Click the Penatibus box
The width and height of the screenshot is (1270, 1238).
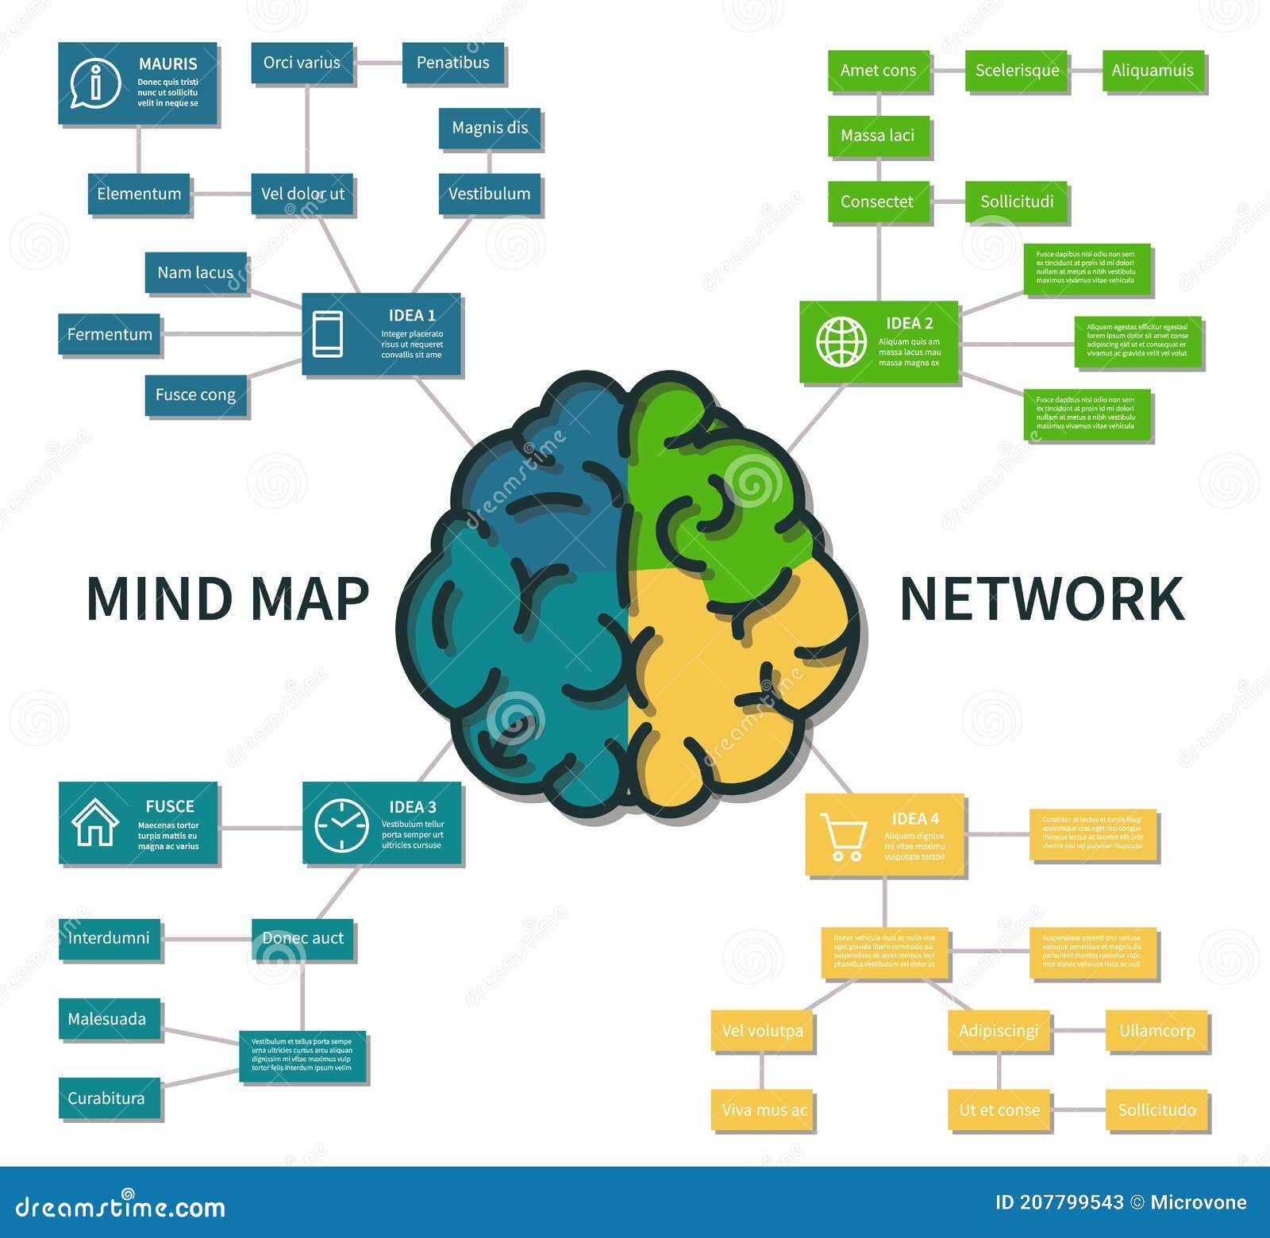pos(452,63)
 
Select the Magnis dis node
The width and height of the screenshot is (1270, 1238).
pos(489,128)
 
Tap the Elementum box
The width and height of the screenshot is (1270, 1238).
pos(139,194)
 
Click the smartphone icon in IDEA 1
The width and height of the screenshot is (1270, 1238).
pos(328,333)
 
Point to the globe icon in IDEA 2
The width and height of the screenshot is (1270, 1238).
pos(841,342)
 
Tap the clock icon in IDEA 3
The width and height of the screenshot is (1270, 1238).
pos(341,825)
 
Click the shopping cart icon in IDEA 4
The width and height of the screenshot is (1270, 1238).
pos(843,836)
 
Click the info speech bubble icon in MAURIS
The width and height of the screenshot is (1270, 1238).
pos(95,83)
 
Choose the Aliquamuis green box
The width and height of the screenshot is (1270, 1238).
pos(1152,71)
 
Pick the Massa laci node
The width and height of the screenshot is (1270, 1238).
pos(877,136)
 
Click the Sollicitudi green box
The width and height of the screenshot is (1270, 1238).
pos(1016,202)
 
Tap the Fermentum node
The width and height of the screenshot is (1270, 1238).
pos(110,334)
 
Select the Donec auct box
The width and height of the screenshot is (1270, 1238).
pos(302,938)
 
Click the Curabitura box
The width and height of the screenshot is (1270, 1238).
pos(107,1098)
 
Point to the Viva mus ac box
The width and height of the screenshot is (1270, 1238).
pos(763,1109)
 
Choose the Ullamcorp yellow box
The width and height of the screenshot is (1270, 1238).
pos(1156,1030)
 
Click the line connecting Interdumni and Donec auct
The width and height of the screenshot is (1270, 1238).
pos(206,939)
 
